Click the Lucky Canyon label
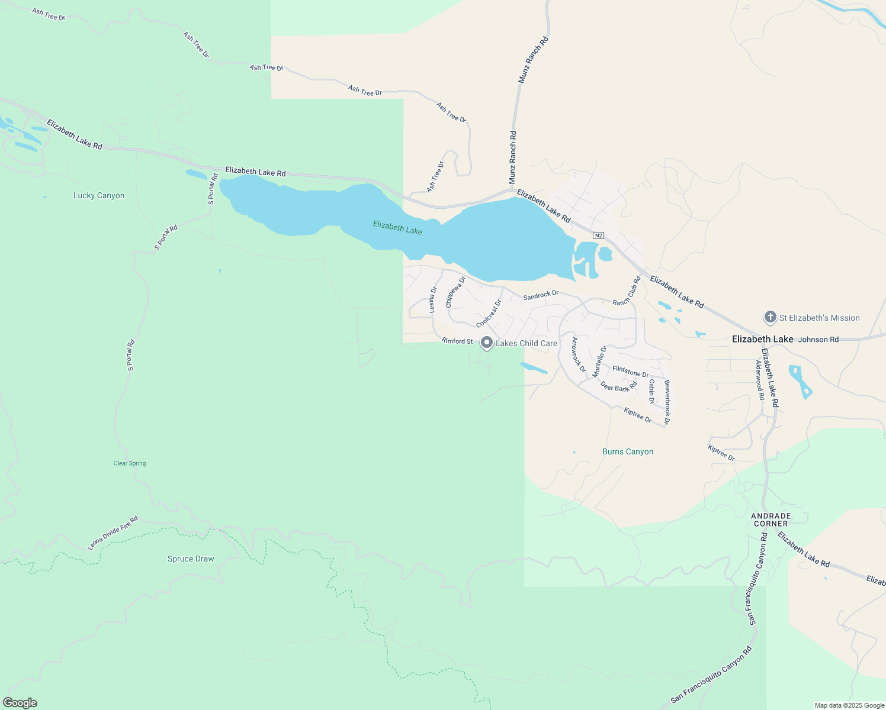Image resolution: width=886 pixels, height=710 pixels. click(99, 195)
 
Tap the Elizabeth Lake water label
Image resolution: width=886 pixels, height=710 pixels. click(397, 228)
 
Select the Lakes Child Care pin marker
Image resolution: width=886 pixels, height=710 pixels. click(486, 343)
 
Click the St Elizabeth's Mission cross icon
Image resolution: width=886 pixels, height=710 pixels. click(770, 317)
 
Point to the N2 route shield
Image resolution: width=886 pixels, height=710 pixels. click(598, 235)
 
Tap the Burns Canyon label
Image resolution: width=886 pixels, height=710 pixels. click(628, 451)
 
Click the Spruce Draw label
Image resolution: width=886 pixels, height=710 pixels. click(191, 559)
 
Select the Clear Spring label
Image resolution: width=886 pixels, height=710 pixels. click(130, 463)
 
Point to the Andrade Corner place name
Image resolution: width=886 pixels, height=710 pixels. click(771, 519)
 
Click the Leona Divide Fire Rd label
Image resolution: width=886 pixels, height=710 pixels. click(113, 533)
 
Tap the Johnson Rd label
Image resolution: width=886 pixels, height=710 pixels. click(818, 340)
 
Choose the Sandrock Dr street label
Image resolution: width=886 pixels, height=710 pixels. click(541, 295)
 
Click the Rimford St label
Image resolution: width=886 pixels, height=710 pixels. click(458, 341)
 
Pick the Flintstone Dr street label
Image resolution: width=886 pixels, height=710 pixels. click(630, 372)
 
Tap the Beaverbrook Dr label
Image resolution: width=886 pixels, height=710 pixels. click(667, 402)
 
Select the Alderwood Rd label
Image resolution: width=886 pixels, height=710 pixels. click(760, 380)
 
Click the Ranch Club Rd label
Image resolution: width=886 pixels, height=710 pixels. click(627, 291)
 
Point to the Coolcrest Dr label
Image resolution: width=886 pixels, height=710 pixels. click(489, 314)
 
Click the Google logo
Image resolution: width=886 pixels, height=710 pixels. click(20, 703)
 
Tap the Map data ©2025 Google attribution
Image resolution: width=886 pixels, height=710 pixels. click(849, 705)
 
